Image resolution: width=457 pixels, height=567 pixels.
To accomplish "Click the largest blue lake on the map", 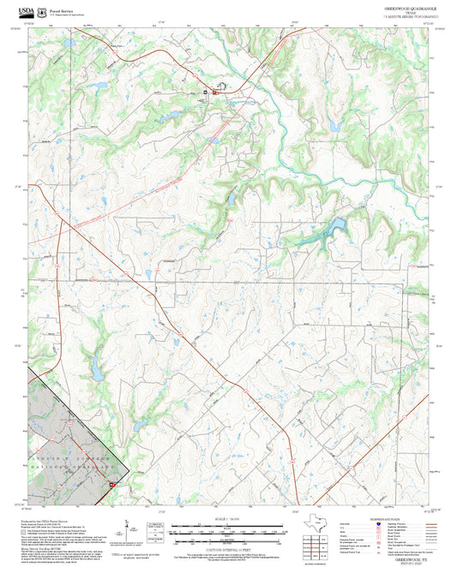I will point(334,225).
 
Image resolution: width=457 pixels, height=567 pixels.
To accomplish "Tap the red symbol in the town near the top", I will point(206,92).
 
